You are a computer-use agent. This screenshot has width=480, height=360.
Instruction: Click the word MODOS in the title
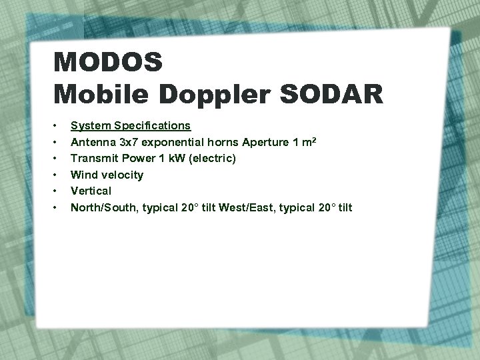click(108, 63)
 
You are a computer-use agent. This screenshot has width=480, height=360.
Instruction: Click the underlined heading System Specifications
click(131, 125)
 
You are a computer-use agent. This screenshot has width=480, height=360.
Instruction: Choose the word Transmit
click(93, 159)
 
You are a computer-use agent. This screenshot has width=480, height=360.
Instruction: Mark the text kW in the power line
click(179, 159)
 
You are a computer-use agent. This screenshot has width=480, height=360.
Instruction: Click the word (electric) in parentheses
click(213, 159)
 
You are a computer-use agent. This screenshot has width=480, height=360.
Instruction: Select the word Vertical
click(91, 191)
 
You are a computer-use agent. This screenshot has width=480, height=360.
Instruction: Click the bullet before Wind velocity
click(58, 175)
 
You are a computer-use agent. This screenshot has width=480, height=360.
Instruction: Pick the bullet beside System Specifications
click(58, 125)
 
